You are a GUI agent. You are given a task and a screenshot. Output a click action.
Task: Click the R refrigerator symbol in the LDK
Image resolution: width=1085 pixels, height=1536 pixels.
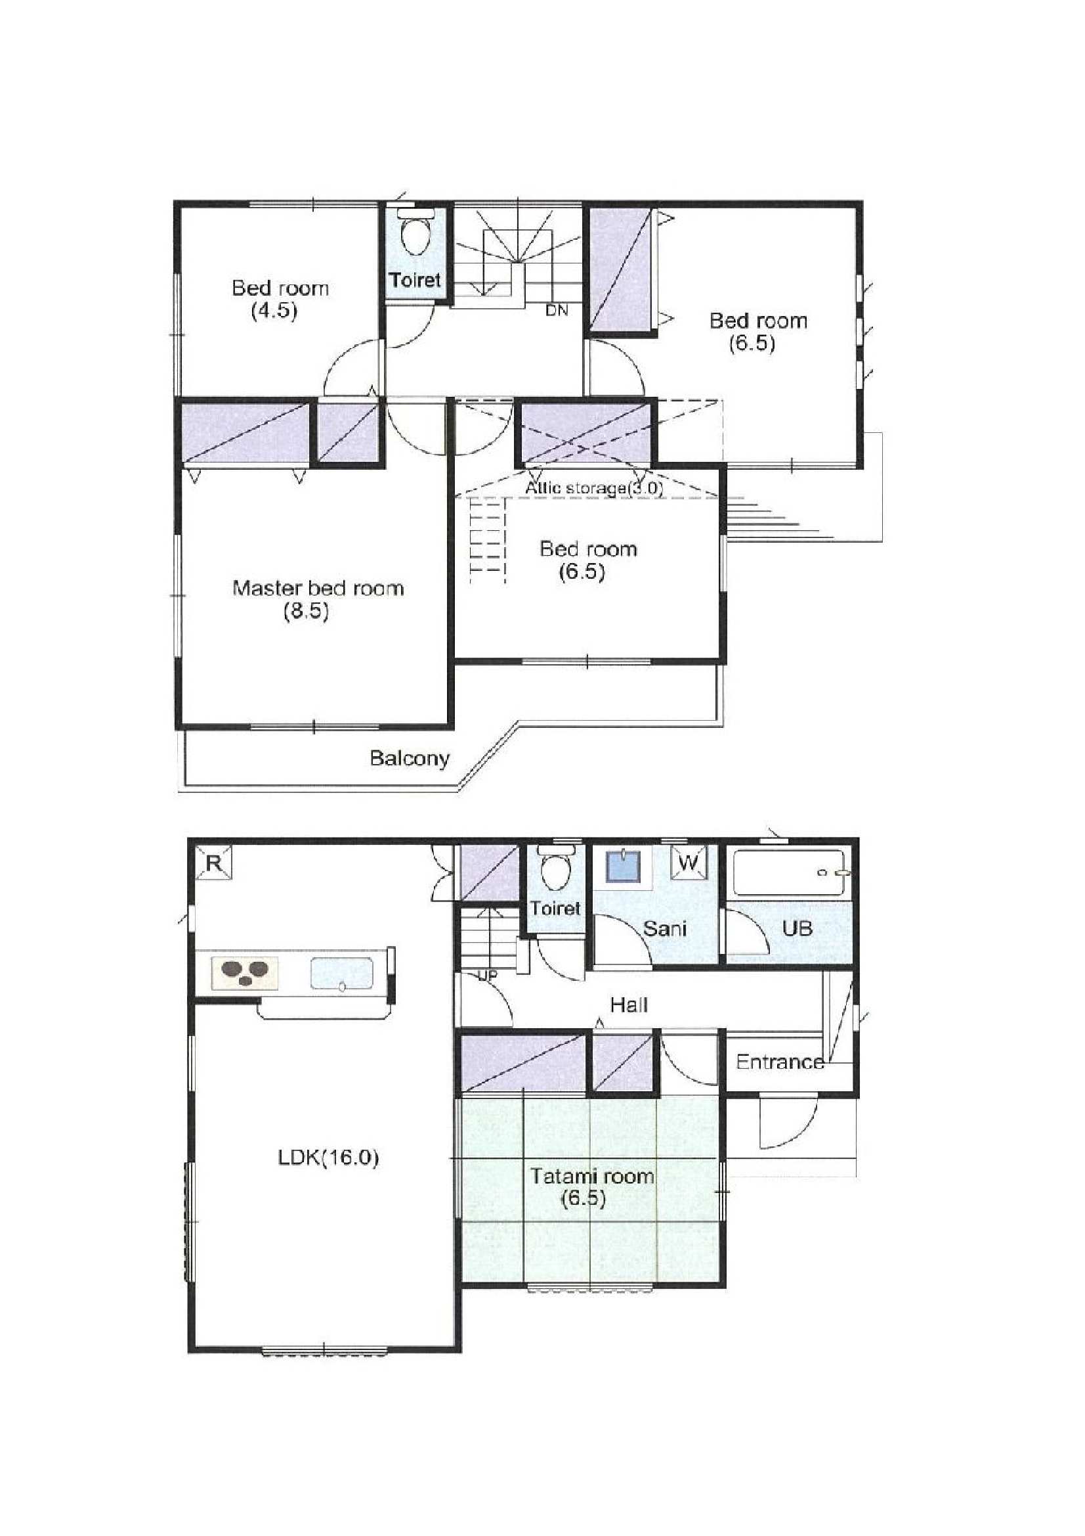coord(214,863)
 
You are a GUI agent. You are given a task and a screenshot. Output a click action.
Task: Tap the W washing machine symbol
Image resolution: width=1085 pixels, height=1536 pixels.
coord(689,863)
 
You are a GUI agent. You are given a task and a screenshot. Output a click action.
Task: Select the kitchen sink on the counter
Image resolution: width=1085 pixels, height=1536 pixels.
coord(341,974)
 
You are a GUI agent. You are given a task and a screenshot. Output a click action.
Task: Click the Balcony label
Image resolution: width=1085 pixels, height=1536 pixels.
coord(410,758)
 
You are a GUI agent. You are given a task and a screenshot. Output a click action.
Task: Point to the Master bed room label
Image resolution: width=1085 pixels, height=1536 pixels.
coord(318,588)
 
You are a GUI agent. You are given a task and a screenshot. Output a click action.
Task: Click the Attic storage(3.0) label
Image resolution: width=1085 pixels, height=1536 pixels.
coord(593,487)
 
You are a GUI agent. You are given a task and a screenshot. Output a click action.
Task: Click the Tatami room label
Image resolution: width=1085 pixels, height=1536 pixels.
coord(592,1175)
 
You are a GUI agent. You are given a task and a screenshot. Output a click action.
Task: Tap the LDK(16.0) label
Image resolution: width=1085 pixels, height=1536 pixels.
coord(328,1158)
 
